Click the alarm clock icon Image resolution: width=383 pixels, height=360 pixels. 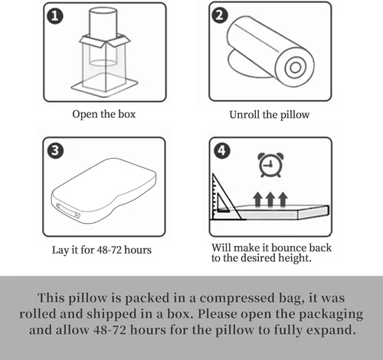coord(269,165)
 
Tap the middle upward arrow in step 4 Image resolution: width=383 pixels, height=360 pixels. coord(270,200)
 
